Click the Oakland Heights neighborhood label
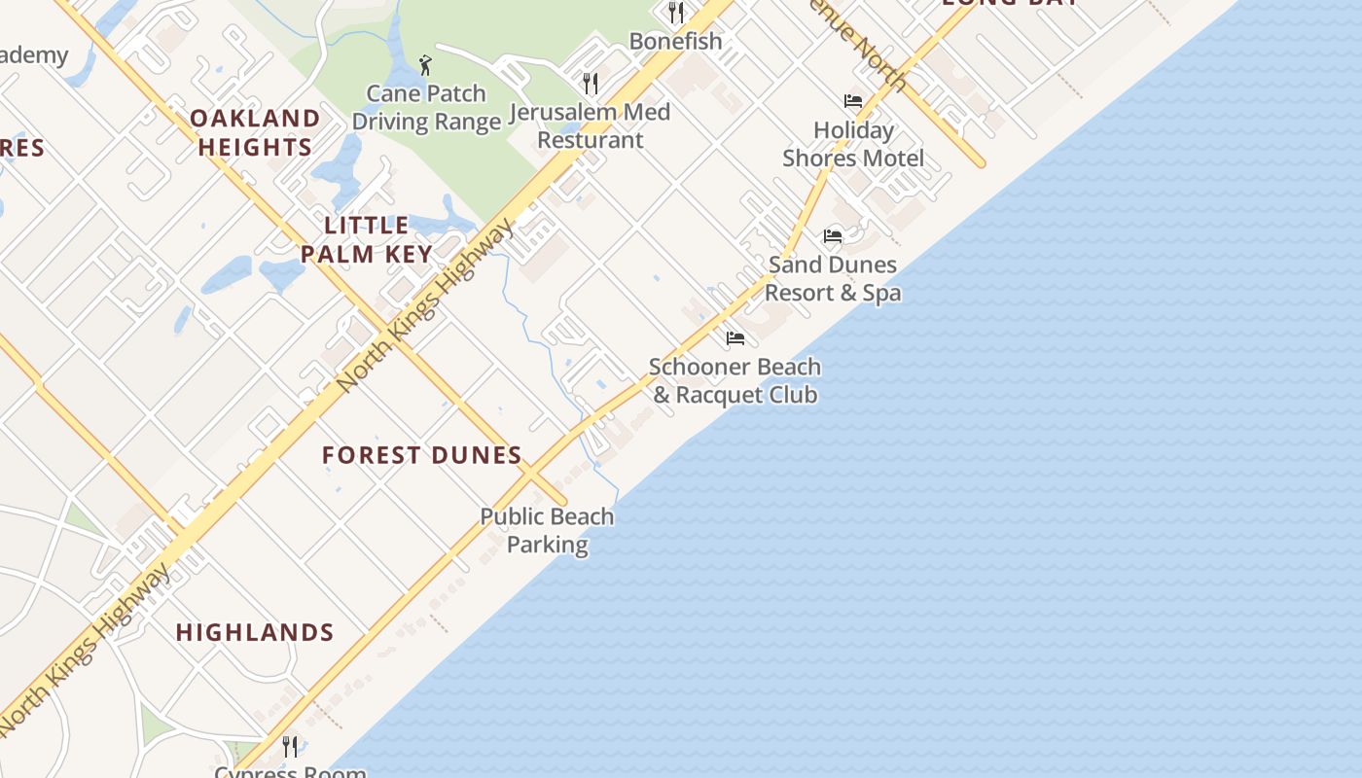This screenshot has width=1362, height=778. pyautogui.click(x=255, y=132)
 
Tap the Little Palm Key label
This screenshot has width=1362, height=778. pyautogui.click(x=366, y=239)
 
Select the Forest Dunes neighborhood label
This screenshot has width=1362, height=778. pyautogui.click(x=422, y=455)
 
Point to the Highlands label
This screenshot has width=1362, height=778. pyautogui.click(x=255, y=632)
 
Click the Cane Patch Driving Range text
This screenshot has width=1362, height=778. pyautogui.click(x=426, y=107)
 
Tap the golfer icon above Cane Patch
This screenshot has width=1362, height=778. pyautogui.click(x=425, y=66)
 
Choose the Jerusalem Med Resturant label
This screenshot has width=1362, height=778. pyautogui.click(x=590, y=125)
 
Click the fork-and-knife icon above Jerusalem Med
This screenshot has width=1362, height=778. pyautogui.click(x=590, y=83)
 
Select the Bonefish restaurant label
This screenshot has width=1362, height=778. pyautogui.click(x=675, y=41)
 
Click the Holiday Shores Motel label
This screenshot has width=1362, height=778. pyautogui.click(x=853, y=144)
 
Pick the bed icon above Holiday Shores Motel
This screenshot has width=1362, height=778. pyautogui.click(x=853, y=101)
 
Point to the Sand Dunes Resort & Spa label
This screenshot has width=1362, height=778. pyautogui.click(x=833, y=278)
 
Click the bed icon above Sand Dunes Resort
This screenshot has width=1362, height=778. pyautogui.click(x=833, y=235)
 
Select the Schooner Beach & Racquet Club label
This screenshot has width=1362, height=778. pyautogui.click(x=735, y=380)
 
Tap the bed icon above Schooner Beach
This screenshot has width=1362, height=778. pyautogui.click(x=735, y=338)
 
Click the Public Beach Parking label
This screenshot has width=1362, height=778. pyautogui.click(x=547, y=530)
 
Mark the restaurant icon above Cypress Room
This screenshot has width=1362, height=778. pyautogui.click(x=290, y=746)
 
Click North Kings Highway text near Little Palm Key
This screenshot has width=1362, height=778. pyautogui.click(x=426, y=305)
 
